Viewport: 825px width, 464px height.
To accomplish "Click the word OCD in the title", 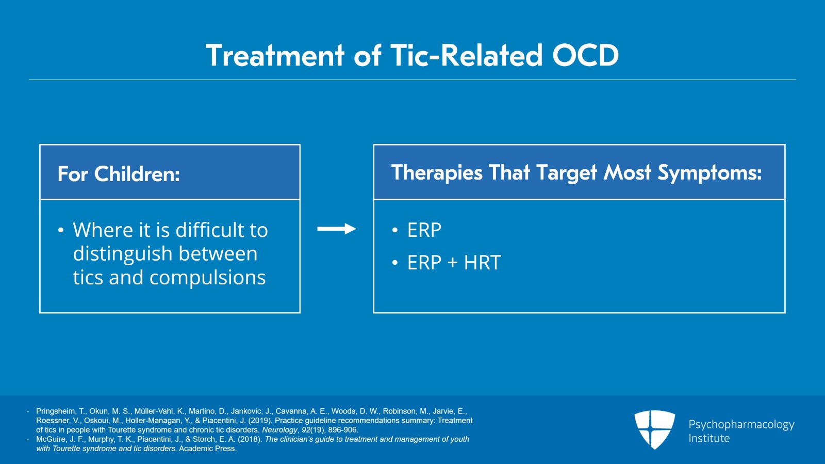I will pos(585,55).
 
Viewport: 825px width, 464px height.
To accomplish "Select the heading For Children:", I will pos(119,174).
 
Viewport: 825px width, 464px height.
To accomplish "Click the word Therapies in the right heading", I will pos(436,172).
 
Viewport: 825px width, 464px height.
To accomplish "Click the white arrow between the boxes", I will pos(336,229).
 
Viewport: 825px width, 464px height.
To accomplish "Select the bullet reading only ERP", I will pos(424,230).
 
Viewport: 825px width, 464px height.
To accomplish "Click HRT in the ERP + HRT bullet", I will pos(482,263).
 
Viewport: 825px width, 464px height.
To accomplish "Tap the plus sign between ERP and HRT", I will pos(453,263).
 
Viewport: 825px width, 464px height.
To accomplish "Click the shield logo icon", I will pos(654,429).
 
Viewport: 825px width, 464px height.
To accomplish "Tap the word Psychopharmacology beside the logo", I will pos(741,424).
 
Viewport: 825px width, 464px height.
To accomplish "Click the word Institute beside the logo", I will pos(709,438).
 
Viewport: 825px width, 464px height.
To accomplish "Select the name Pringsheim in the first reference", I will pos(55,411).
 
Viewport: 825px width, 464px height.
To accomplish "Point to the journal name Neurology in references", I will pos(279,430).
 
